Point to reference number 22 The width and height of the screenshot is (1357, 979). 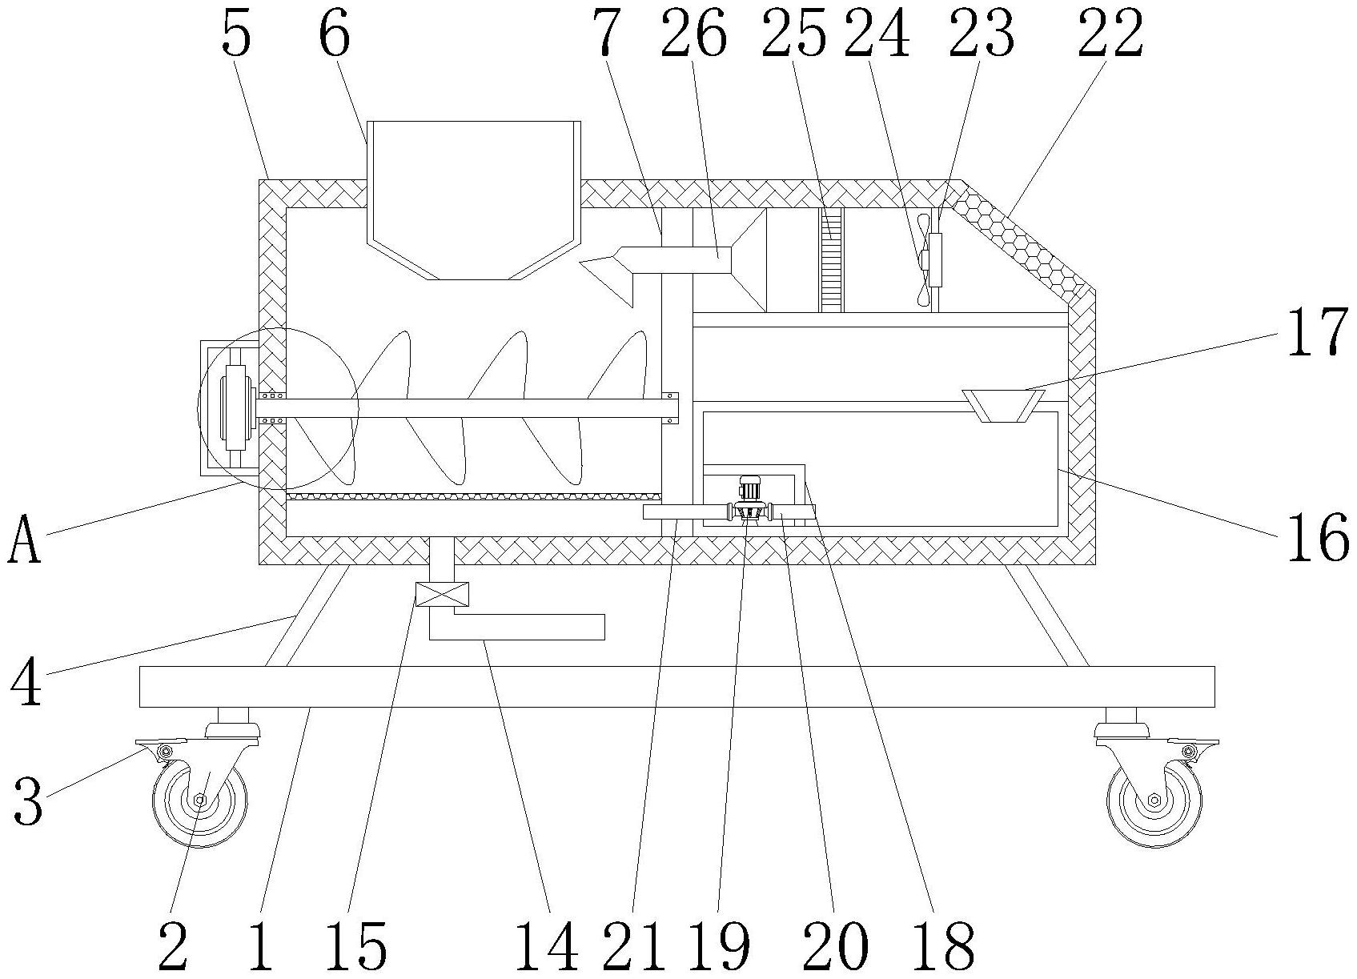pyautogui.click(x=1110, y=34)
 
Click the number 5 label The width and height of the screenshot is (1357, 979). pyautogui.click(x=236, y=34)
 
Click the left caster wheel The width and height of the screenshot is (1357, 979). pyautogui.click(x=200, y=800)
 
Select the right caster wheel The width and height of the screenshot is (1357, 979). pyautogui.click(x=1154, y=800)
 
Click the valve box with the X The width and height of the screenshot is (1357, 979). pyautogui.click(x=442, y=594)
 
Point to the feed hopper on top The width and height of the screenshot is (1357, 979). pyautogui.click(x=474, y=200)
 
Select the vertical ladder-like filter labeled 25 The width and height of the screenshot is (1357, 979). pyautogui.click(x=832, y=260)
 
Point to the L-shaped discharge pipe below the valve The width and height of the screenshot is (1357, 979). pyautogui.click(x=516, y=627)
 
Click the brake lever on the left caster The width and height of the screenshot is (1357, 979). pyautogui.click(x=160, y=747)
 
